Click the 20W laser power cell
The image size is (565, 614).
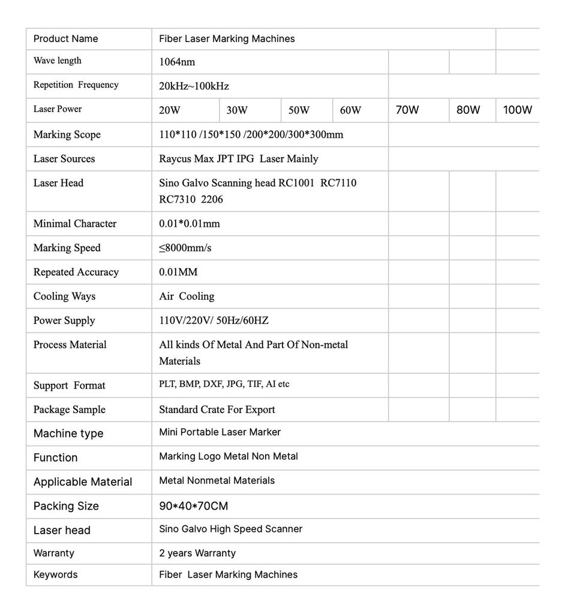tap(170, 110)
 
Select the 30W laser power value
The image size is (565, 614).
tap(237, 110)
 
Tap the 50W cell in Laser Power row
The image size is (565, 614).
tap(299, 110)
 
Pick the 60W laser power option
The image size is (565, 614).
tap(350, 110)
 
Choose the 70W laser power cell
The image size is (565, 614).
tap(407, 110)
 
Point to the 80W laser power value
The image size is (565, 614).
tap(468, 110)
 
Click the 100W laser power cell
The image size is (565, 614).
tap(517, 110)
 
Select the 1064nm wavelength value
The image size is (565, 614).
tap(177, 62)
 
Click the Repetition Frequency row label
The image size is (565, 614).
tap(76, 85)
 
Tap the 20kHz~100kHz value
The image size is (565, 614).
tap(194, 86)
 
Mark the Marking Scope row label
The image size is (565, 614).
tap(67, 134)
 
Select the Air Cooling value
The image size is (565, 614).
tap(187, 296)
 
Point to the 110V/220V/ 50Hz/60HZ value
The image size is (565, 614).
tap(214, 320)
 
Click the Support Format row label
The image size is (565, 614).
tap(70, 386)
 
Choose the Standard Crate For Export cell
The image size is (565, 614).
tap(217, 410)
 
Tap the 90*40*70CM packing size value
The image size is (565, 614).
tap(194, 506)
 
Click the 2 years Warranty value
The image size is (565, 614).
tap(197, 553)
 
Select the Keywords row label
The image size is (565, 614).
tap(56, 574)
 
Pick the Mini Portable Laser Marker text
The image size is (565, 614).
tap(220, 432)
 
